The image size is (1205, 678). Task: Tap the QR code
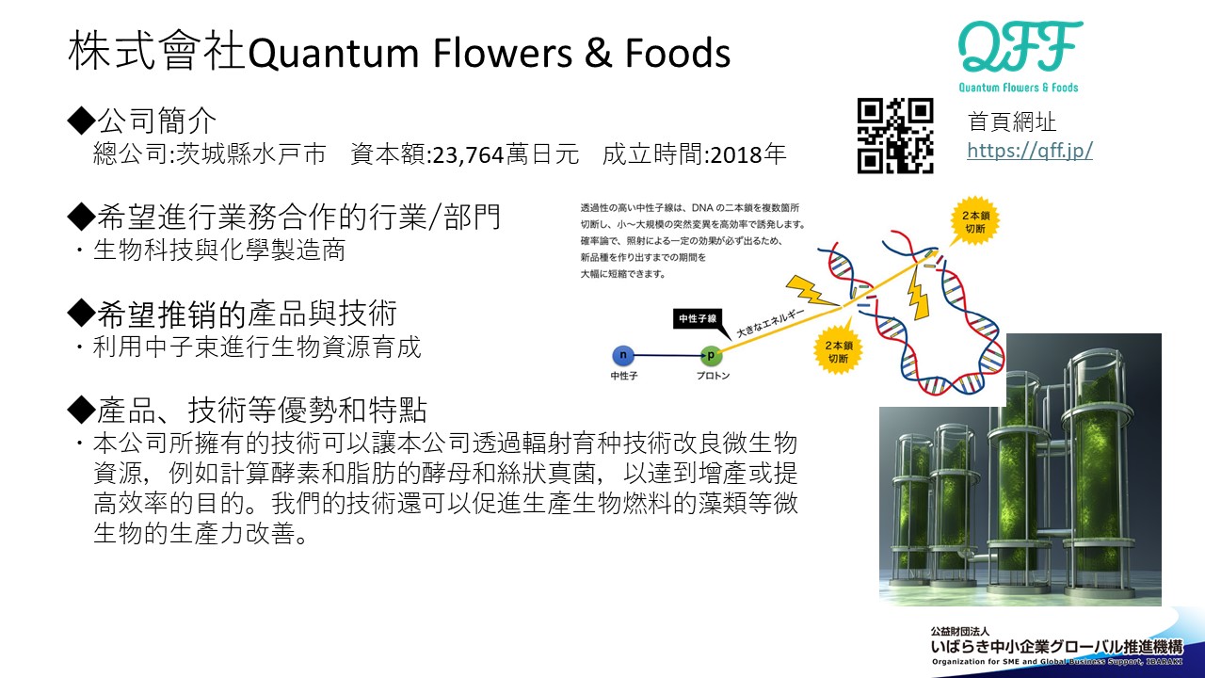895,136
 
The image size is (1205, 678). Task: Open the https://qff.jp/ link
1030,150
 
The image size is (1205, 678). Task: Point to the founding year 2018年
748,154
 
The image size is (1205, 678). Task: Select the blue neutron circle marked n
622,356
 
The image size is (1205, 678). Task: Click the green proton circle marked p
711,356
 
